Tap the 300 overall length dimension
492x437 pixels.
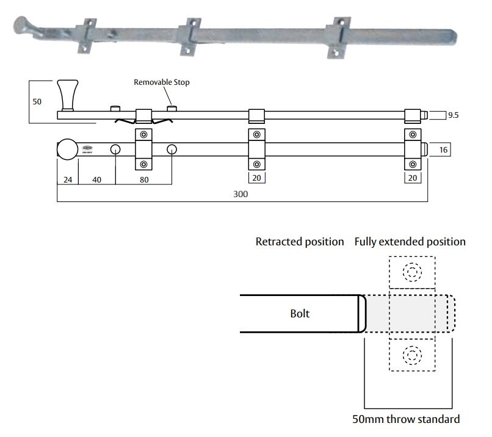point(242,193)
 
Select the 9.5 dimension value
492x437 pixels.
point(453,115)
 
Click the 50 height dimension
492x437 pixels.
point(37,102)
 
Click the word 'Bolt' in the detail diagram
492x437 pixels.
point(300,314)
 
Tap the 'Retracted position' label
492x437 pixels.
point(299,242)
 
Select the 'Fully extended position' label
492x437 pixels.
point(410,242)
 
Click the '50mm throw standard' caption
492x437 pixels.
point(406,419)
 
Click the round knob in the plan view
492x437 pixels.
point(67,150)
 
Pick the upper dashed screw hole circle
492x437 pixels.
point(412,271)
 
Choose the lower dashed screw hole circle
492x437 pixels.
point(412,354)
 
